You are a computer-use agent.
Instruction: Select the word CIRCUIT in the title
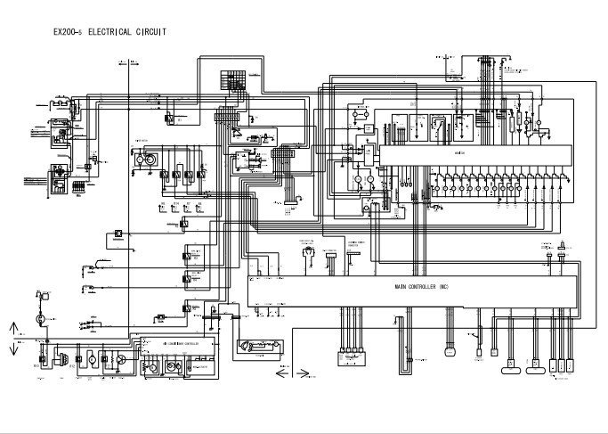coord(151,32)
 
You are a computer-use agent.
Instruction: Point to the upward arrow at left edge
coord(12,326)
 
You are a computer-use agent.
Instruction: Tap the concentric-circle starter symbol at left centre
coord(150,159)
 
